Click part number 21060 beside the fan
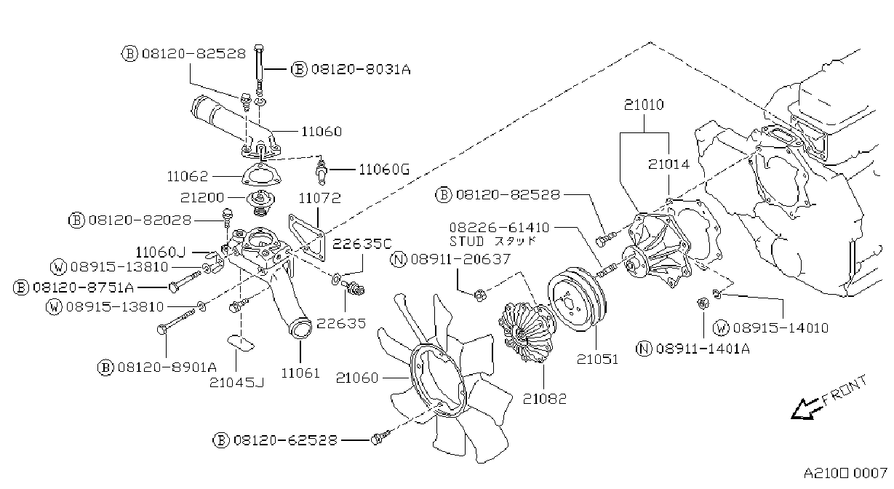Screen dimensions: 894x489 (357, 378)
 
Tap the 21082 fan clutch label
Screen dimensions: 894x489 (545, 399)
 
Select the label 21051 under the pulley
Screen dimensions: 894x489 (597, 359)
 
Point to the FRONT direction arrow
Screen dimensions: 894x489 (807, 409)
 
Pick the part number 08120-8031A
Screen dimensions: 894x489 (361, 69)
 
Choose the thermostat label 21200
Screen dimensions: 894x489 (202, 198)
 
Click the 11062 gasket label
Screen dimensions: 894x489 (188, 176)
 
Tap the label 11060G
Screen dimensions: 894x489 (384, 170)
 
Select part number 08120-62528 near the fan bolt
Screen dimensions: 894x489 (285, 440)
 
